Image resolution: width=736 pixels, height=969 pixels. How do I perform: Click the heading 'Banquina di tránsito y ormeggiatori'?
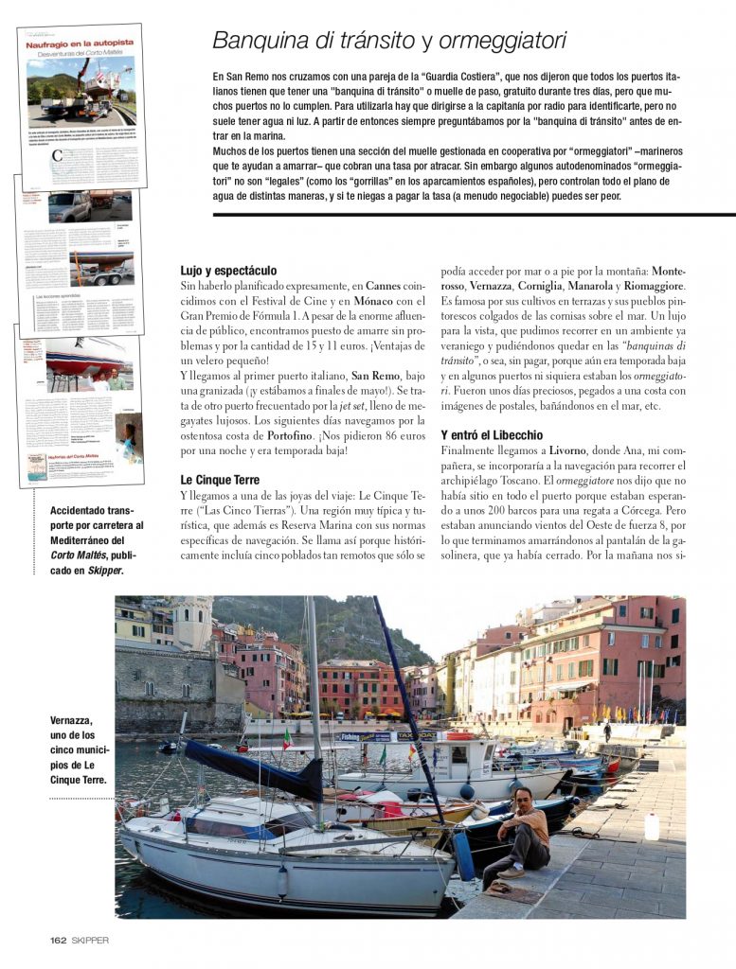click(388, 41)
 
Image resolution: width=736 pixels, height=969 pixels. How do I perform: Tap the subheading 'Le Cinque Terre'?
click(220, 480)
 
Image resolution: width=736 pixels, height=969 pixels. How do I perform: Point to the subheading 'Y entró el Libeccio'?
click(492, 434)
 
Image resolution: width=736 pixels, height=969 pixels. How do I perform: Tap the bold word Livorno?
click(567, 450)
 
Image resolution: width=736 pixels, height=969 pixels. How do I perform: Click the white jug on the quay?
click(652, 825)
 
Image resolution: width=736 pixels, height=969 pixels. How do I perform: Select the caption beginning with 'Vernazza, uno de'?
click(80, 749)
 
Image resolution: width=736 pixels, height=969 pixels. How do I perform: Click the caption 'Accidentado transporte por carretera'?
click(97, 539)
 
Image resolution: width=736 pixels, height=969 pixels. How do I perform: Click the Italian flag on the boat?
click(287, 737)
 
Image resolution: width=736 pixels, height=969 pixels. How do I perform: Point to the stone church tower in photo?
click(192, 625)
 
